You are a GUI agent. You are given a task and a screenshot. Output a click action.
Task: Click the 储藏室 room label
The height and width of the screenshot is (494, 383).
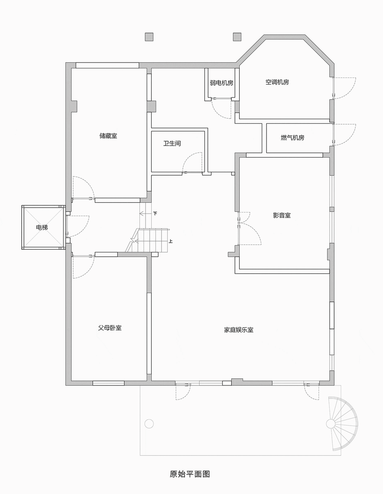(x=108, y=136)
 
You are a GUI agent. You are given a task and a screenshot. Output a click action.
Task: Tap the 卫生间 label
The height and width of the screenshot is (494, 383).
(x=172, y=143)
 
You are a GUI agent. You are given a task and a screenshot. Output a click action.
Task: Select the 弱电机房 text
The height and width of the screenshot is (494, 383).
(x=221, y=83)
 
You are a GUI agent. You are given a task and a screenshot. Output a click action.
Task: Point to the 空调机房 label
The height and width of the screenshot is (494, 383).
(x=277, y=82)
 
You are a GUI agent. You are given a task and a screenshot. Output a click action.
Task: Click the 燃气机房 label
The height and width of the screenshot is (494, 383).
(x=292, y=138)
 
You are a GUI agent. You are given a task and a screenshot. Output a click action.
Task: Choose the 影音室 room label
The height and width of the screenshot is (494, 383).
(x=282, y=215)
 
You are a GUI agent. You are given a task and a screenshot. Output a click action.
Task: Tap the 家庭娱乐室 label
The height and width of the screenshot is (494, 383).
(x=239, y=330)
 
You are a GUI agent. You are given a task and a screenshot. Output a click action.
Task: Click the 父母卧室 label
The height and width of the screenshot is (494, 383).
(x=110, y=328)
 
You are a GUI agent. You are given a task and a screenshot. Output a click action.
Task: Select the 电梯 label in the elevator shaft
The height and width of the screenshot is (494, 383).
(x=42, y=227)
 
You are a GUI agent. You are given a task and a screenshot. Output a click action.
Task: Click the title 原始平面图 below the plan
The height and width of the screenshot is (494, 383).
(x=190, y=474)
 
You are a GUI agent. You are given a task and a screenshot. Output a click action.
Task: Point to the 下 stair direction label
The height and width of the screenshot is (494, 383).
(x=155, y=214)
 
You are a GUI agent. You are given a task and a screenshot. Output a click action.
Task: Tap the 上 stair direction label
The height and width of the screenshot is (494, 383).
(x=171, y=241)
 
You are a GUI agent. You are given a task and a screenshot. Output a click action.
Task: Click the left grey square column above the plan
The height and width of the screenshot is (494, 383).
(x=149, y=37)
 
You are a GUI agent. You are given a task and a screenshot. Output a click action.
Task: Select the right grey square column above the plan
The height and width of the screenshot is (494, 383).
(x=237, y=37)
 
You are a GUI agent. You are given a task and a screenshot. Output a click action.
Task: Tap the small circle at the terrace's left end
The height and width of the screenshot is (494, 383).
(x=149, y=423)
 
